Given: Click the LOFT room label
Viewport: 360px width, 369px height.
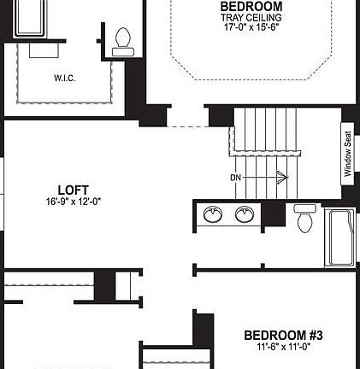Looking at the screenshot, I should pos(74,190).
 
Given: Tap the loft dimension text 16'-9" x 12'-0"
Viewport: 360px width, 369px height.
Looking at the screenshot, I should pos(74,202).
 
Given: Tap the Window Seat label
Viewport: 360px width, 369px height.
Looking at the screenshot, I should pos(348,154).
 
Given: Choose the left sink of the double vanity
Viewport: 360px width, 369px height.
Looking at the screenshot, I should pos(213,215).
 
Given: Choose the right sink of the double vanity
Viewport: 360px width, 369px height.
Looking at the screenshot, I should pos(244,215).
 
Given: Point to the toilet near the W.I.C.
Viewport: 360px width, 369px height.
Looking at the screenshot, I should pos(123,39).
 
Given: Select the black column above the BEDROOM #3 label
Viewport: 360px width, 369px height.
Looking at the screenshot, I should pos(204,330).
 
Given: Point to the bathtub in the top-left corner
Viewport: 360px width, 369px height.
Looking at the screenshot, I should pos(33,18).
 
